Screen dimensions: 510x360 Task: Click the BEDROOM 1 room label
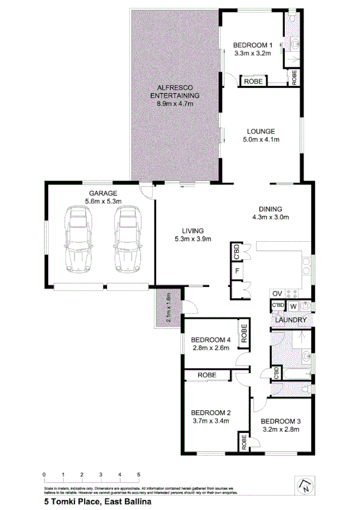253,45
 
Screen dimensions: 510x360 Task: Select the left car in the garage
78,238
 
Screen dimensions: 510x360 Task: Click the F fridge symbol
237,271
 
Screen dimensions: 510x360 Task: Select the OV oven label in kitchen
277,293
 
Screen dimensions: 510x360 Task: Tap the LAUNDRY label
291,319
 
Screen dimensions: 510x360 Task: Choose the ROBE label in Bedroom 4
244,334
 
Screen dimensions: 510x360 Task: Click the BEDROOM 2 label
211,413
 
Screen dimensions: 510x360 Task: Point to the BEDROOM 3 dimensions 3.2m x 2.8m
280,429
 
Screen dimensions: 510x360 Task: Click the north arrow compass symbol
305,484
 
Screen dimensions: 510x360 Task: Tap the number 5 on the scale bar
139,475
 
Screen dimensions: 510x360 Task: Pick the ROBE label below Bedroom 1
253,81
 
